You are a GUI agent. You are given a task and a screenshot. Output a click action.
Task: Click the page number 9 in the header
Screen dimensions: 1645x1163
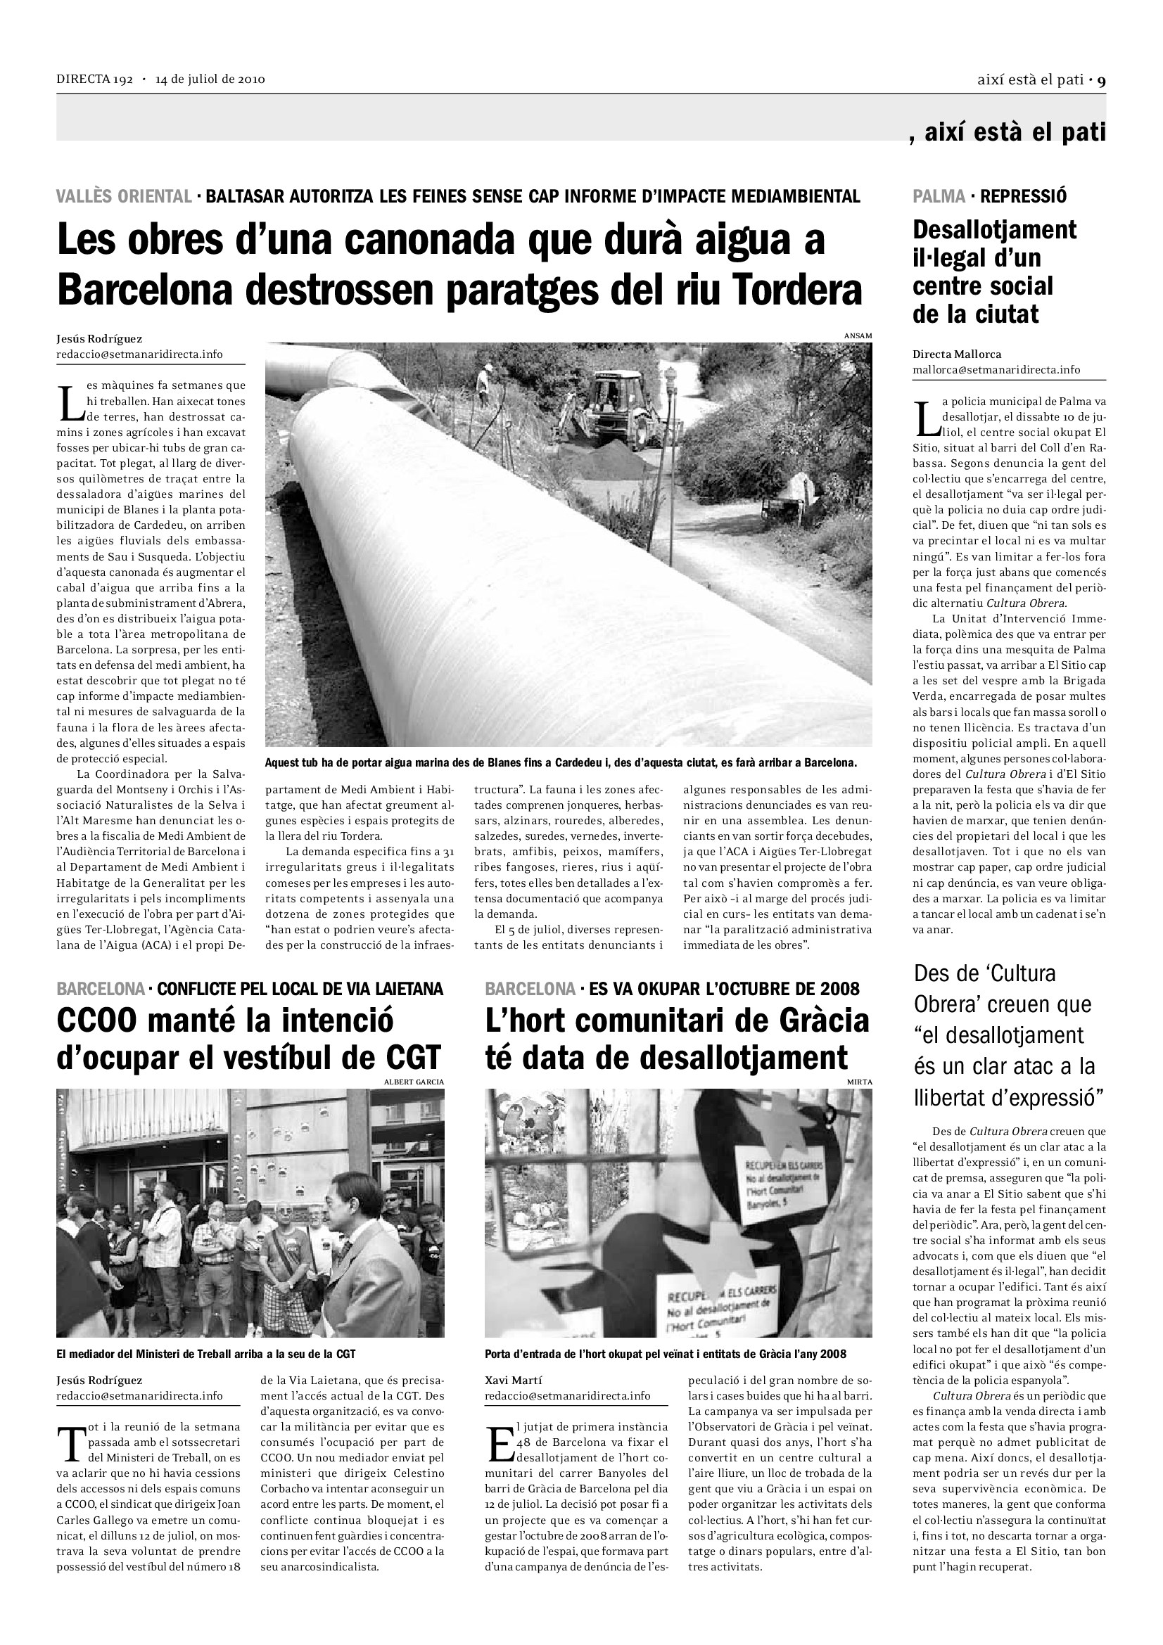1101,80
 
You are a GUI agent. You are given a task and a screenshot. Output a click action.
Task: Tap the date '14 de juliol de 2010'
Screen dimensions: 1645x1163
210,79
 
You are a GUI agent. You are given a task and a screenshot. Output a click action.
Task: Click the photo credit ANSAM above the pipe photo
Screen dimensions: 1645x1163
858,335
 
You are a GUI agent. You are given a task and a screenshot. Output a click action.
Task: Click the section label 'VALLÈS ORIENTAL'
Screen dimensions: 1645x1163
124,196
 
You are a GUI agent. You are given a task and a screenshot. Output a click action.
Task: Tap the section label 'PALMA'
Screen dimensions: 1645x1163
939,196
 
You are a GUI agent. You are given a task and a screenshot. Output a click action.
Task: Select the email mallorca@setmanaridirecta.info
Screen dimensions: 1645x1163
996,371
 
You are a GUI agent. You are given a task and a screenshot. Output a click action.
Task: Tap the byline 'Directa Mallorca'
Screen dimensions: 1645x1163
957,354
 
